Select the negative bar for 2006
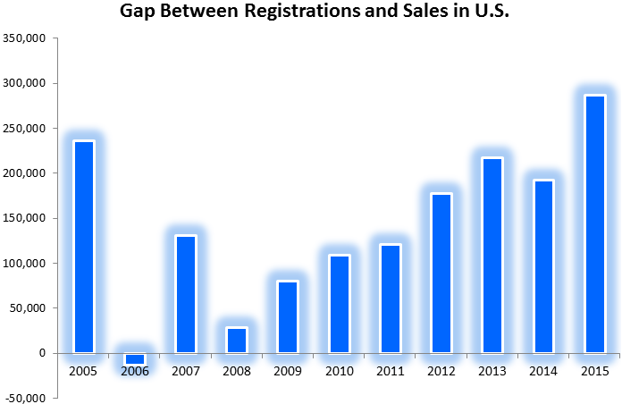pyautogui.click(x=135, y=358)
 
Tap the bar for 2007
pyautogui.click(x=186, y=294)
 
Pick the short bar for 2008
pyautogui.click(x=237, y=341)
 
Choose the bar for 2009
pyautogui.click(x=288, y=317)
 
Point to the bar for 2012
pyautogui.click(x=441, y=273)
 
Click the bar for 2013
pyautogui.click(x=492, y=255)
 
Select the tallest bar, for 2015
pyautogui.click(x=595, y=223)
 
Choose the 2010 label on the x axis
pyautogui.click(x=339, y=371)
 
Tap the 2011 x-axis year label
pyautogui.click(x=390, y=371)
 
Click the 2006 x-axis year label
pyautogui.click(x=135, y=371)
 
